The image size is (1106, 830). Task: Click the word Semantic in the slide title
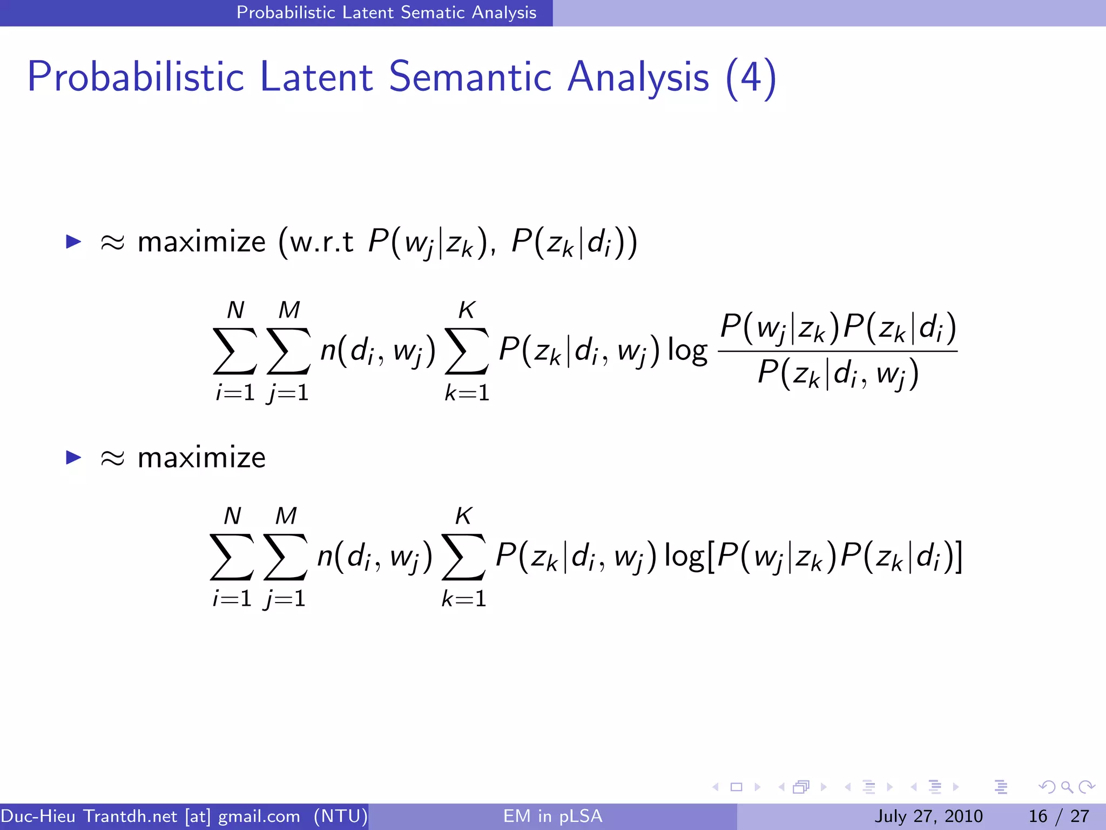pos(469,77)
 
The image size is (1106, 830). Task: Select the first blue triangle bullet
pos(73,241)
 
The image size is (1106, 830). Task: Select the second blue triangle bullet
pos(73,457)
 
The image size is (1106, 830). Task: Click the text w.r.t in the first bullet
pos(322,241)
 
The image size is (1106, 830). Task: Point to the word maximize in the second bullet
pos(201,458)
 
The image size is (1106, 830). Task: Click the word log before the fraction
pos(687,351)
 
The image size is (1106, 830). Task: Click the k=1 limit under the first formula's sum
pos(467,393)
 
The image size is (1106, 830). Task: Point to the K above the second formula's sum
pos(463,516)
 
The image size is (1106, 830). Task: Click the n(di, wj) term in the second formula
pos(374,557)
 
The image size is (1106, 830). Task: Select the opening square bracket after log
pos(711,557)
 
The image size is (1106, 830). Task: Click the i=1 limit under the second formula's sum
pos(232,599)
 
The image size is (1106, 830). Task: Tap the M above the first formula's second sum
pos(289,310)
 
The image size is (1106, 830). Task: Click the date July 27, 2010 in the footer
pos(928,816)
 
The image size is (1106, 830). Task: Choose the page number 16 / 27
pos(1059,816)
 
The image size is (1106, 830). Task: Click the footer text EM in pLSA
pos(552,816)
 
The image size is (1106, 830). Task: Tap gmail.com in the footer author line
pos(259,816)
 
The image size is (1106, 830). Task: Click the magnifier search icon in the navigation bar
pos(1067,787)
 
